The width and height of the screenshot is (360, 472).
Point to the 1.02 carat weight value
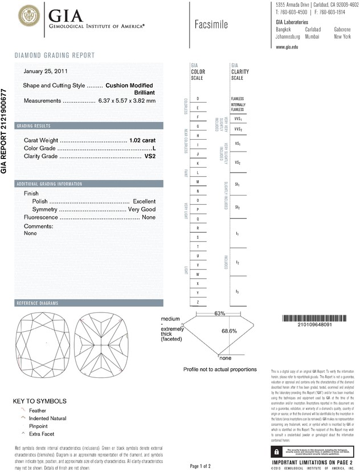click(142, 140)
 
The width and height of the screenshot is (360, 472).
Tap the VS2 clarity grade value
click(149, 156)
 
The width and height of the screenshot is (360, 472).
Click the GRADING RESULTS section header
click(35, 125)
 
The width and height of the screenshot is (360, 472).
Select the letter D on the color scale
click(197, 99)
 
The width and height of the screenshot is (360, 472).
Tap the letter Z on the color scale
click(197, 301)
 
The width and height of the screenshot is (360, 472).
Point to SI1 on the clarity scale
click(237, 185)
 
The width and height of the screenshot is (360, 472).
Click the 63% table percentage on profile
click(220, 314)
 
